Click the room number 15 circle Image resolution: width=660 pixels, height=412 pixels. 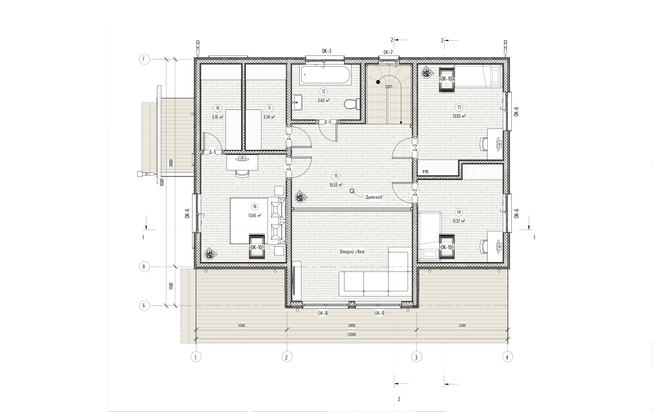tap(336, 176)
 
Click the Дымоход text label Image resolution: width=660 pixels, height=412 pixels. tap(374, 197)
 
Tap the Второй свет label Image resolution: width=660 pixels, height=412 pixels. tap(352, 252)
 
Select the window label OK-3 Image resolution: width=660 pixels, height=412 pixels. tap(327, 51)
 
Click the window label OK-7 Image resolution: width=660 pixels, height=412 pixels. tap(388, 52)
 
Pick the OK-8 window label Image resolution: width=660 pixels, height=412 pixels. tap(323, 313)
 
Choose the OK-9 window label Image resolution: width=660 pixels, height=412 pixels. tap(379, 313)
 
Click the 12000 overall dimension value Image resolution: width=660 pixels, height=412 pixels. tap(352, 335)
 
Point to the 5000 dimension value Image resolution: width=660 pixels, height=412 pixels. tap(352, 325)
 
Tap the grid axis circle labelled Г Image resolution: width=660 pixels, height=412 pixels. tap(144, 59)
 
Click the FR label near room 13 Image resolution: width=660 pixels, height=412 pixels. tap(425, 172)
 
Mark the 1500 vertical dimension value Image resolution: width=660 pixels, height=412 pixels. tap(171, 286)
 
